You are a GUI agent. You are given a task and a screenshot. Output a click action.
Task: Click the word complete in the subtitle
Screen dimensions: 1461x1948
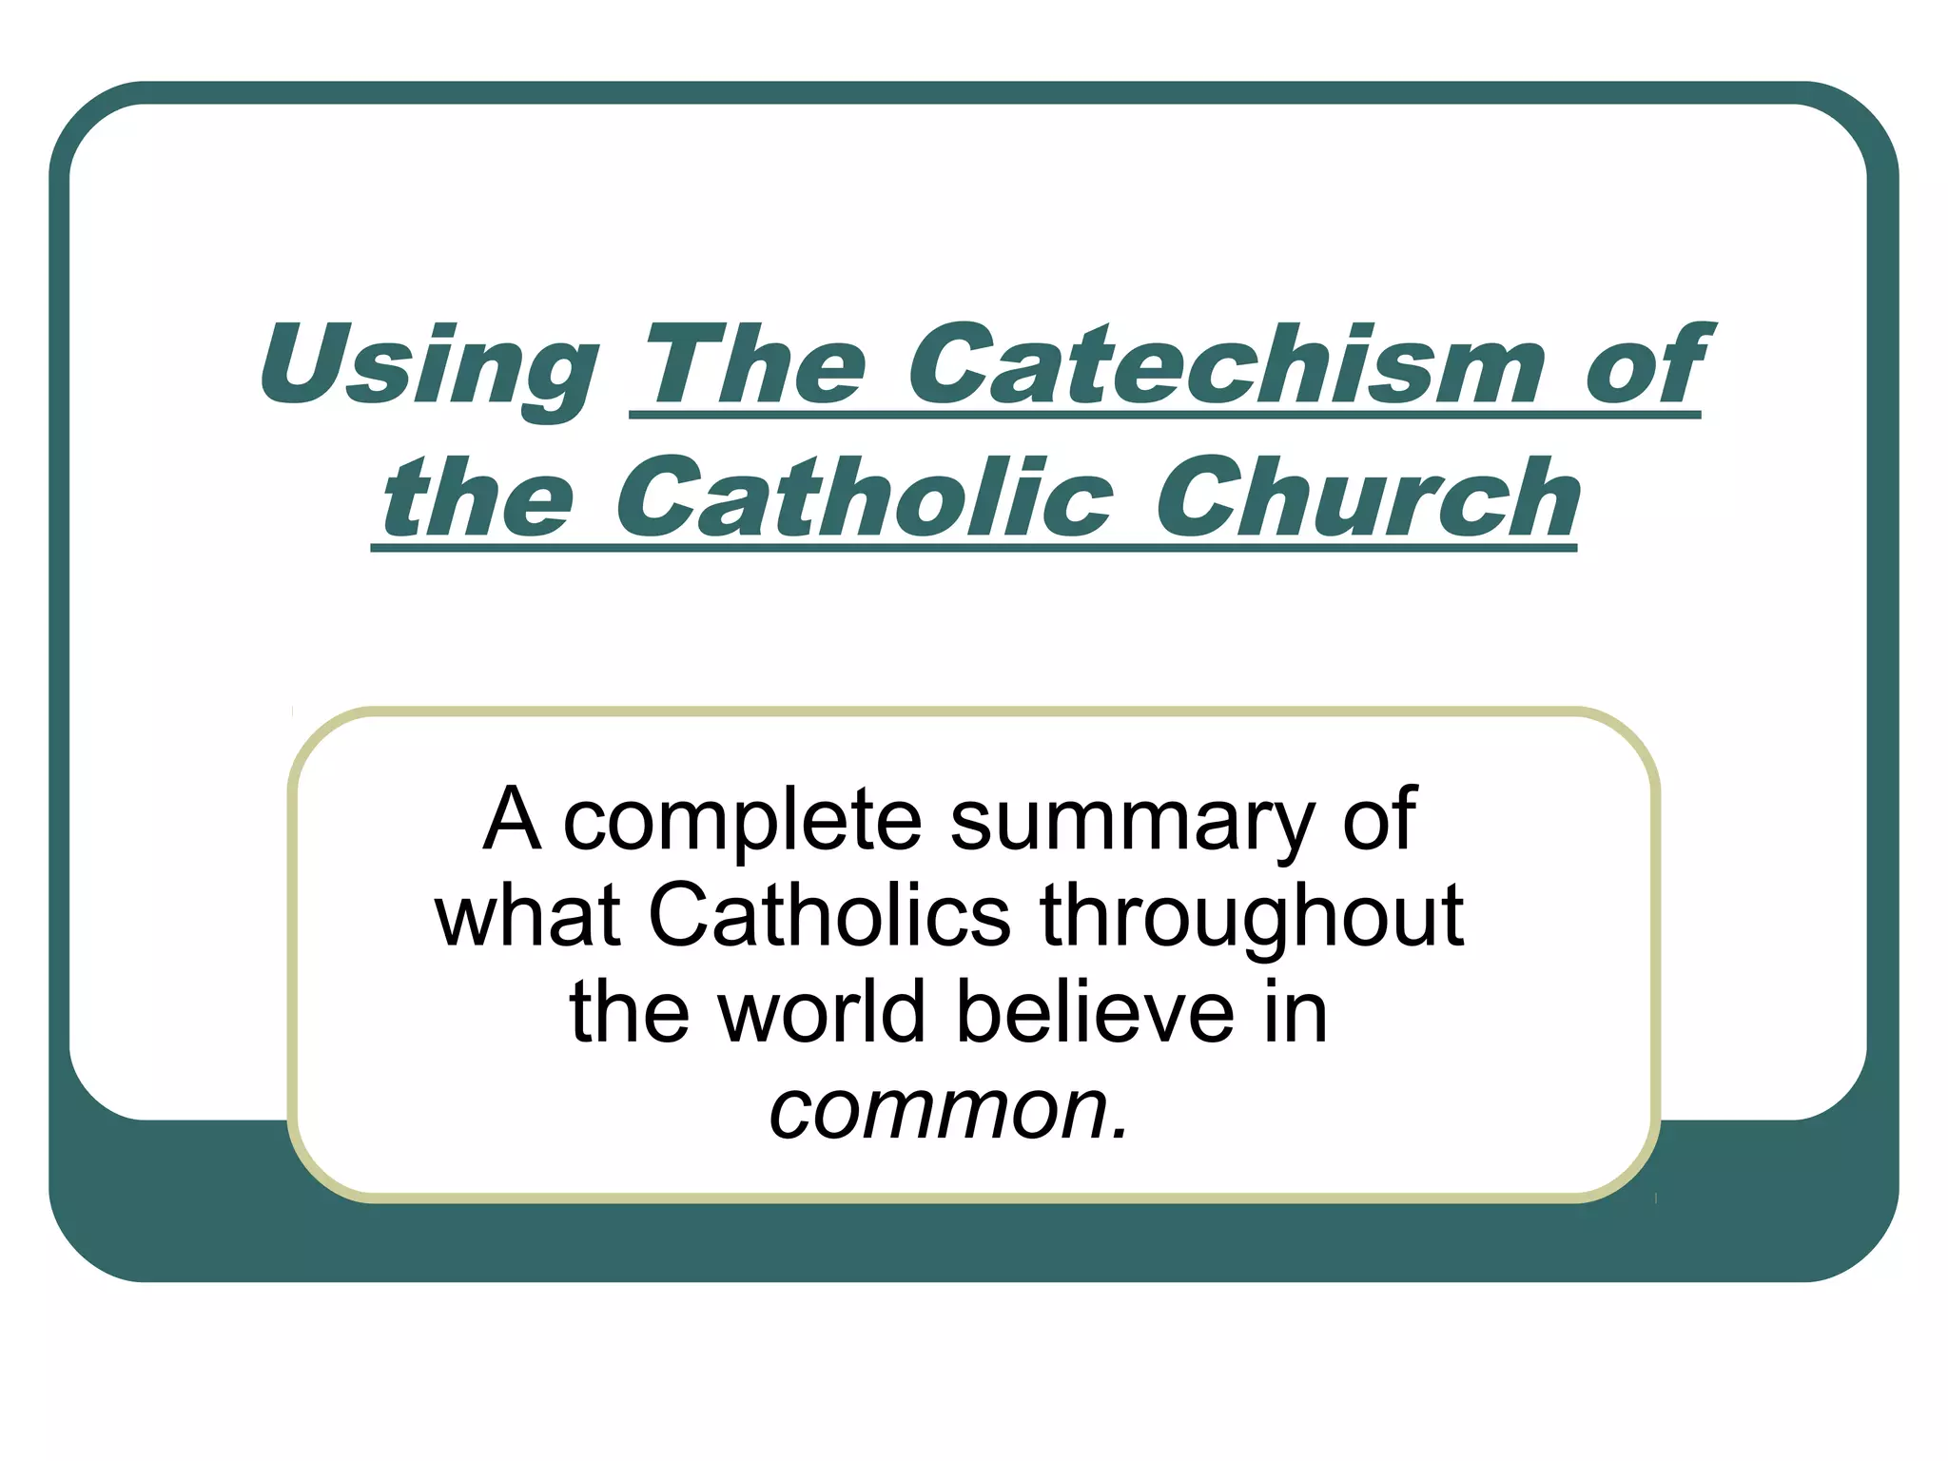point(743,820)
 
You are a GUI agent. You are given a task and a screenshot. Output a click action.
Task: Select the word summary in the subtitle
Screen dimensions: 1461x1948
point(1132,820)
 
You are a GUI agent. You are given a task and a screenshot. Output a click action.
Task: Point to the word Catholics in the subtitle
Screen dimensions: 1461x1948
point(829,915)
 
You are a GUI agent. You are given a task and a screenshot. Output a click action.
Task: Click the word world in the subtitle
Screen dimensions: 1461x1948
point(821,1012)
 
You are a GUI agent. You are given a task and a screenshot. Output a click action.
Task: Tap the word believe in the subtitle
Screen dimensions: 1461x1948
point(1095,1012)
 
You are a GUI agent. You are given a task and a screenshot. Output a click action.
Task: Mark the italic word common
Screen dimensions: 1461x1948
point(938,1109)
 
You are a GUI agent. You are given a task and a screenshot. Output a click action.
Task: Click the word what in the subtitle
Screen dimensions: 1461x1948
point(528,915)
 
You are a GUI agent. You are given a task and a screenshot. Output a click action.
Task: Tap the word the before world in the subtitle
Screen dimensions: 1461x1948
point(629,1012)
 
